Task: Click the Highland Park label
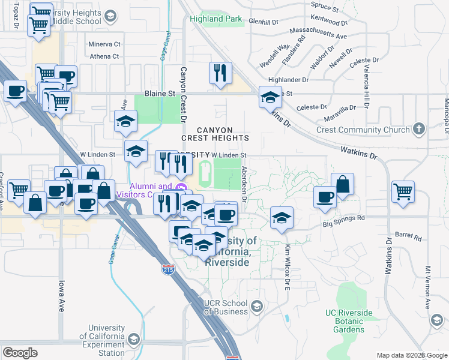tap(216, 19)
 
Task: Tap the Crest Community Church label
tap(364, 130)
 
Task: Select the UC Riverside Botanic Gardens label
tap(349, 321)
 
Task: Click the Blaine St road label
tap(159, 94)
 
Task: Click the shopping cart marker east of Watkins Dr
tap(403, 191)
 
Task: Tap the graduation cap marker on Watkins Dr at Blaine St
tap(270, 97)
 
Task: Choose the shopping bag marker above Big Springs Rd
tap(342, 184)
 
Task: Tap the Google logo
tap(20, 352)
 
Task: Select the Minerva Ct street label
tap(104, 44)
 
